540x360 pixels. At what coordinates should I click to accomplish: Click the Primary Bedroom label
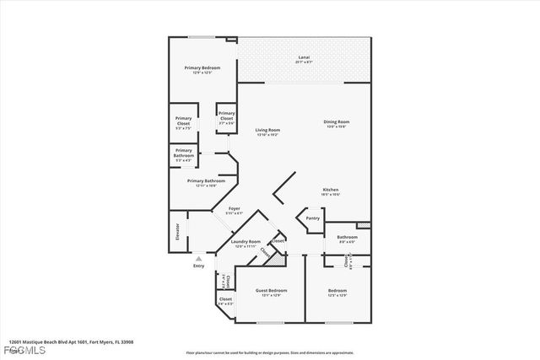pyautogui.click(x=203, y=67)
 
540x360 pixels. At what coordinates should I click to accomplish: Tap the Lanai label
pyautogui.click(x=304, y=57)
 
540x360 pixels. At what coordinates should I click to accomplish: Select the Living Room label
pyautogui.click(x=267, y=130)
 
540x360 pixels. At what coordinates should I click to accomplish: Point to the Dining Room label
pyautogui.click(x=336, y=121)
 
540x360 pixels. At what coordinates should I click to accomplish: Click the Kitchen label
pyautogui.click(x=331, y=190)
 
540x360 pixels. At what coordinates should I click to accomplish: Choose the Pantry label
pyautogui.click(x=312, y=218)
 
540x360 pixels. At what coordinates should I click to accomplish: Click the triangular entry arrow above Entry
pyautogui.click(x=199, y=259)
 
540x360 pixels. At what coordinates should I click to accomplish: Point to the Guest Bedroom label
pyautogui.click(x=266, y=291)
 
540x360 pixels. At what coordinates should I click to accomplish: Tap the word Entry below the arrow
pyautogui.click(x=199, y=266)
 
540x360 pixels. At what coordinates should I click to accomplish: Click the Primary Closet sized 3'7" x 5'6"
pyautogui.click(x=226, y=118)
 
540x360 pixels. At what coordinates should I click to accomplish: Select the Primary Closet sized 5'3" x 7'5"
pyautogui.click(x=183, y=121)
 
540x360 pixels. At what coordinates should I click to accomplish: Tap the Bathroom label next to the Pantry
pyautogui.click(x=347, y=237)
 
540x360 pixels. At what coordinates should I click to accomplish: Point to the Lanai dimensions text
pyautogui.click(x=304, y=62)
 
